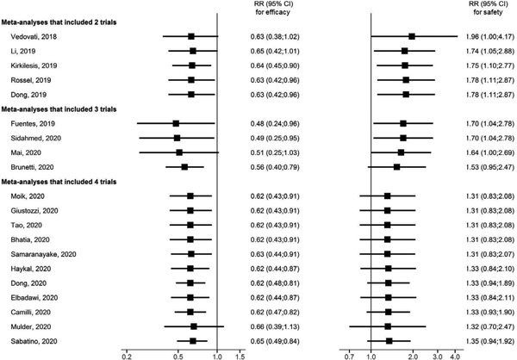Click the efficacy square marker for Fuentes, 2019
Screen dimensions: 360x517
pos(176,123)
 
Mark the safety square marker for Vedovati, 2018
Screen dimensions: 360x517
pos(412,36)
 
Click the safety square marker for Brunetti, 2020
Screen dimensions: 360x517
pos(396,167)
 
